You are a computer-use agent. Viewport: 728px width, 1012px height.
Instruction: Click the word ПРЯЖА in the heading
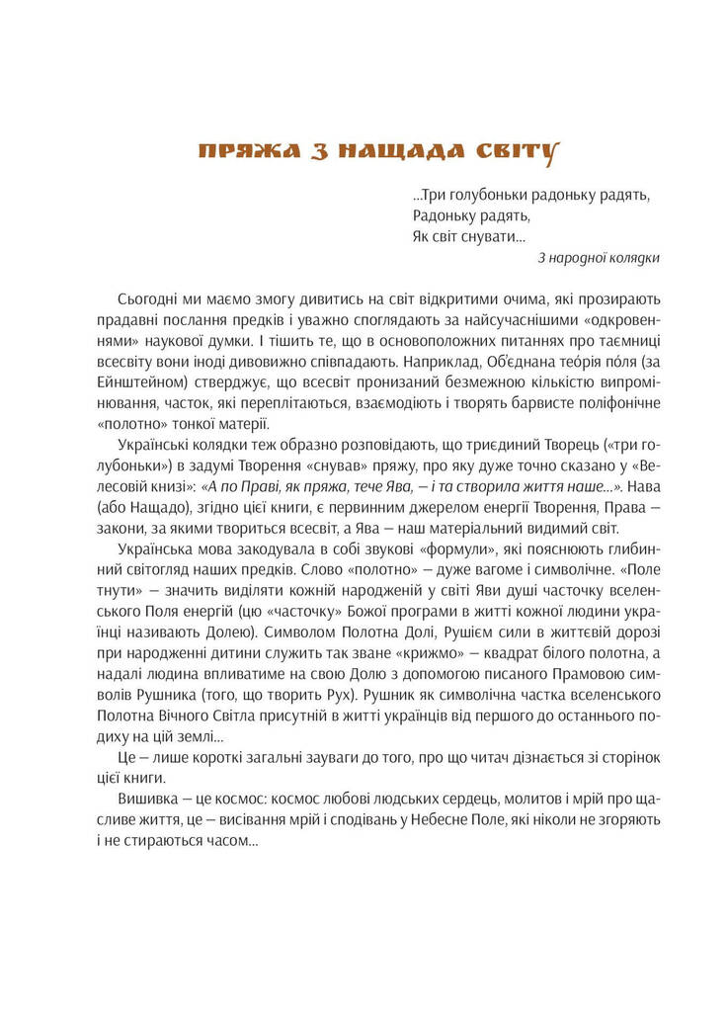coord(240,151)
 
